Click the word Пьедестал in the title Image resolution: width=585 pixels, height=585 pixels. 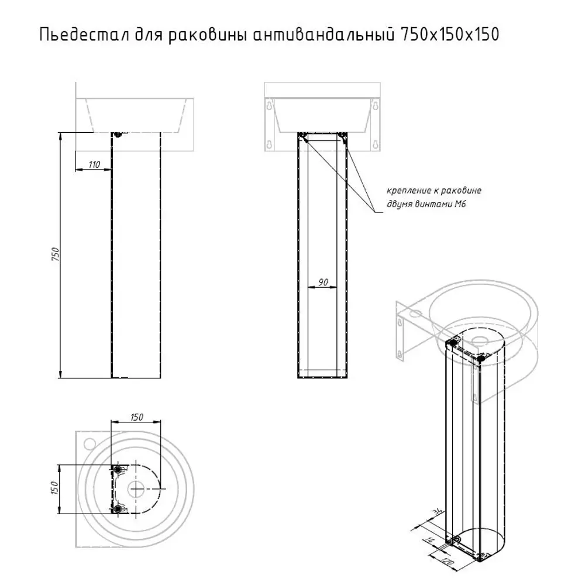coord(84,35)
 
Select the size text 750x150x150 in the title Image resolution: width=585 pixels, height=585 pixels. coord(449,35)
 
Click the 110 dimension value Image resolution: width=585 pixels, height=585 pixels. coord(94,164)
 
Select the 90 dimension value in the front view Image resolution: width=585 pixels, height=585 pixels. coord(323,282)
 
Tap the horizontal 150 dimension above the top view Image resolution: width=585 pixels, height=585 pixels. coord(136,417)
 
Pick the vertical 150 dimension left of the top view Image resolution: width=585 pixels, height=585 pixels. coord(54,488)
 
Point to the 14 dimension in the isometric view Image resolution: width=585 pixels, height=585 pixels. coord(430,540)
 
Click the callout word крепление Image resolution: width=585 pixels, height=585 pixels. coord(408,191)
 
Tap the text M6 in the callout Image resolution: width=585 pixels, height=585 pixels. coord(460,204)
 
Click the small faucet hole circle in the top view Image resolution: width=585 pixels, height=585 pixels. coord(90,443)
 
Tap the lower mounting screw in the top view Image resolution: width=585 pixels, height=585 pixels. coord(118,508)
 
